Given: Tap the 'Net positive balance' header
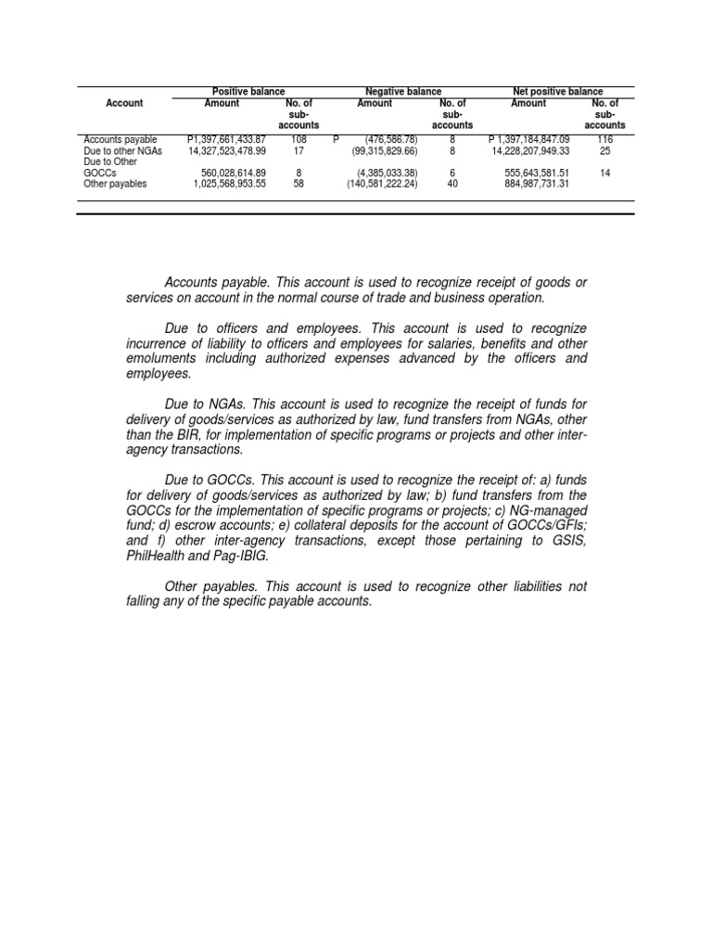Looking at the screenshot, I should tap(557, 92).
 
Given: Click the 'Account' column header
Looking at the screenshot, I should tap(124, 103).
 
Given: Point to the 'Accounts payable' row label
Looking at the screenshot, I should tap(120, 139).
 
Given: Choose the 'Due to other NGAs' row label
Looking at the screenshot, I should tap(122, 150).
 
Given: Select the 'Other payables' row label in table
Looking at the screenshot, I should tap(115, 184).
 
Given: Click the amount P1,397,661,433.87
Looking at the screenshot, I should tap(226, 139).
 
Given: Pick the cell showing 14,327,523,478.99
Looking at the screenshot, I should tap(226, 150).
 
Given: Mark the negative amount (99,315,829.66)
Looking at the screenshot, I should tap(385, 150).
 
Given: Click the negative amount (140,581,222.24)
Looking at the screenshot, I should tap(382, 184).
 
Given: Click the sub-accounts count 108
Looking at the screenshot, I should tap(299, 139).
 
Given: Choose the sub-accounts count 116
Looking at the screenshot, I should tap(604, 139).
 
